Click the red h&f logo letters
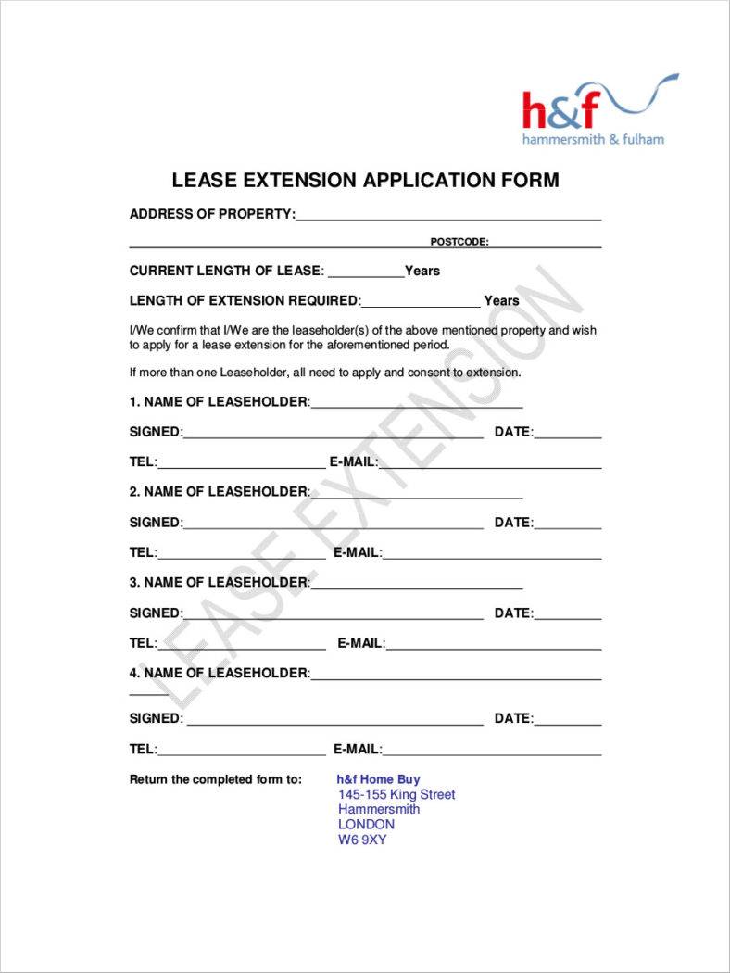click(x=560, y=110)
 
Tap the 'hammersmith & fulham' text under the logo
click(x=593, y=139)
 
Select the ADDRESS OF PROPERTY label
click(x=212, y=214)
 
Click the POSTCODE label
click(x=459, y=242)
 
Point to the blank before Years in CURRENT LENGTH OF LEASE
click(x=366, y=272)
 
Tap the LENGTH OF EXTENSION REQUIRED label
click(x=245, y=300)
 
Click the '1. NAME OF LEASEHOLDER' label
click(x=220, y=402)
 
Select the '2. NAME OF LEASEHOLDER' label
click(x=220, y=491)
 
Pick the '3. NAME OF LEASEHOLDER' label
click(x=220, y=582)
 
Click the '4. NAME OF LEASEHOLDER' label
click(x=220, y=673)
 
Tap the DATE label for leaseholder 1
click(x=513, y=432)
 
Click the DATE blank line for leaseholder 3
click(x=568, y=614)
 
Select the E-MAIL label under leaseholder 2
click(x=357, y=552)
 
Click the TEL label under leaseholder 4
click(x=144, y=749)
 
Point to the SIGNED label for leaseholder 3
click(x=156, y=613)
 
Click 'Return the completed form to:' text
click(x=216, y=779)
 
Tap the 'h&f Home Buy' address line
click(x=378, y=779)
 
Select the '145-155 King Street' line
click(x=396, y=794)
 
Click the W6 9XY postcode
click(x=362, y=840)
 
